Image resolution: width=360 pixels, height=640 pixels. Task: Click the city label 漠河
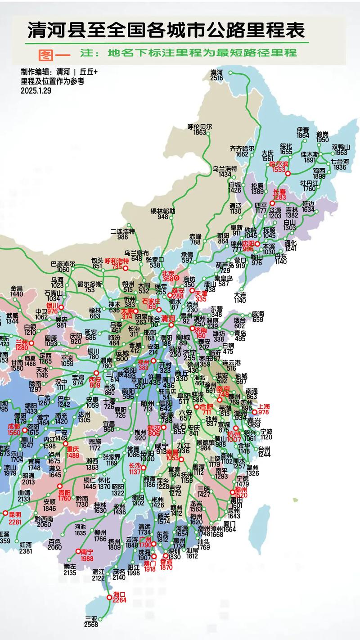pyautogui.click(x=216, y=72)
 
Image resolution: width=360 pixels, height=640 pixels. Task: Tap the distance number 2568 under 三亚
pyautogui.click(x=91, y=624)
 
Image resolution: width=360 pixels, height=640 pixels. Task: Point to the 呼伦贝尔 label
pyautogui.click(x=200, y=126)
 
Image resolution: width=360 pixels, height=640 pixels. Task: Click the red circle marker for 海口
pyautogui.click(x=109, y=597)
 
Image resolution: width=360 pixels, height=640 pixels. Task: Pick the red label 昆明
pyautogui.click(x=14, y=514)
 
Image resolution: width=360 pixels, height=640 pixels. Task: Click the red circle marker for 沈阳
pyautogui.click(x=257, y=243)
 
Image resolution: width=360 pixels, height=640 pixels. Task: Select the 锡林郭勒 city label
pyautogui.click(x=163, y=211)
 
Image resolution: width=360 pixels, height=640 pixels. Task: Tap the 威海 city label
pyautogui.click(x=258, y=314)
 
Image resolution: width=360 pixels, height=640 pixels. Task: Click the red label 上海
pyautogui.click(x=263, y=406)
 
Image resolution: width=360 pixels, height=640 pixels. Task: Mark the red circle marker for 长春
pyautogui.click(x=272, y=203)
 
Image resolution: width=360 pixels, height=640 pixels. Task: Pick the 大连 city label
pyautogui.click(x=240, y=294)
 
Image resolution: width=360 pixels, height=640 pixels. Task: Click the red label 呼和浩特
pyautogui.click(x=117, y=261)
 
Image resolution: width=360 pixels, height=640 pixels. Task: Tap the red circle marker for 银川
pyautogui.click(x=61, y=307)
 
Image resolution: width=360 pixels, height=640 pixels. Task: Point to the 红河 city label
pyautogui.click(x=26, y=545)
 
